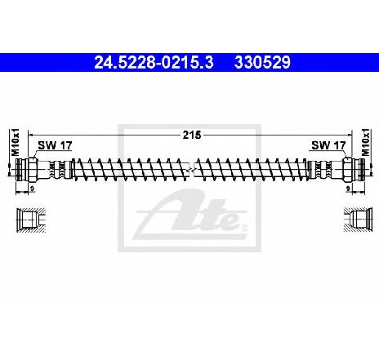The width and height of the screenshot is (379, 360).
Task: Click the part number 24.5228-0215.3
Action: point(154,62)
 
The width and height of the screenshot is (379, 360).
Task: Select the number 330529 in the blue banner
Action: point(262,62)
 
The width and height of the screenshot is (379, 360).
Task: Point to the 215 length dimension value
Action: point(192,135)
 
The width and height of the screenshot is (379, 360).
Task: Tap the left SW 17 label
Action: point(55,145)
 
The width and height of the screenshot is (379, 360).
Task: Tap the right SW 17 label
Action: point(328,145)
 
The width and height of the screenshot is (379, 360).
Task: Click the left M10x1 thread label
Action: point(16,142)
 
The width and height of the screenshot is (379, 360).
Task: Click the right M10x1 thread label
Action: point(366,142)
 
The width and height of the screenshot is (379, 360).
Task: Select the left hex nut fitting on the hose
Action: point(32,170)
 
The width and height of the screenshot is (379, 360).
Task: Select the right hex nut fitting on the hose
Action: point(347,170)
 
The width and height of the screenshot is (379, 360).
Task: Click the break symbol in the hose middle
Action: point(190,170)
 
